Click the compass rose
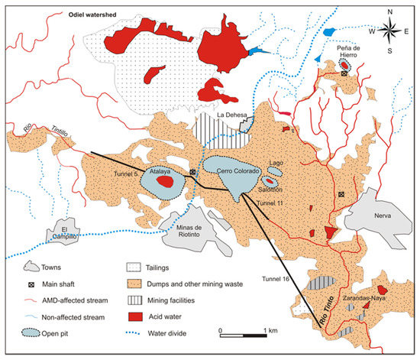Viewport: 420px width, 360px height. click(x=390, y=31)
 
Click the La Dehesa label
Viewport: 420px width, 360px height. click(x=231, y=116)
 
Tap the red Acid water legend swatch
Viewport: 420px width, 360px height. click(x=134, y=316)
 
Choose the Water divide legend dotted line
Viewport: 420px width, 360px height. click(x=136, y=332)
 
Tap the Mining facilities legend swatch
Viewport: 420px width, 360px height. click(x=134, y=300)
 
